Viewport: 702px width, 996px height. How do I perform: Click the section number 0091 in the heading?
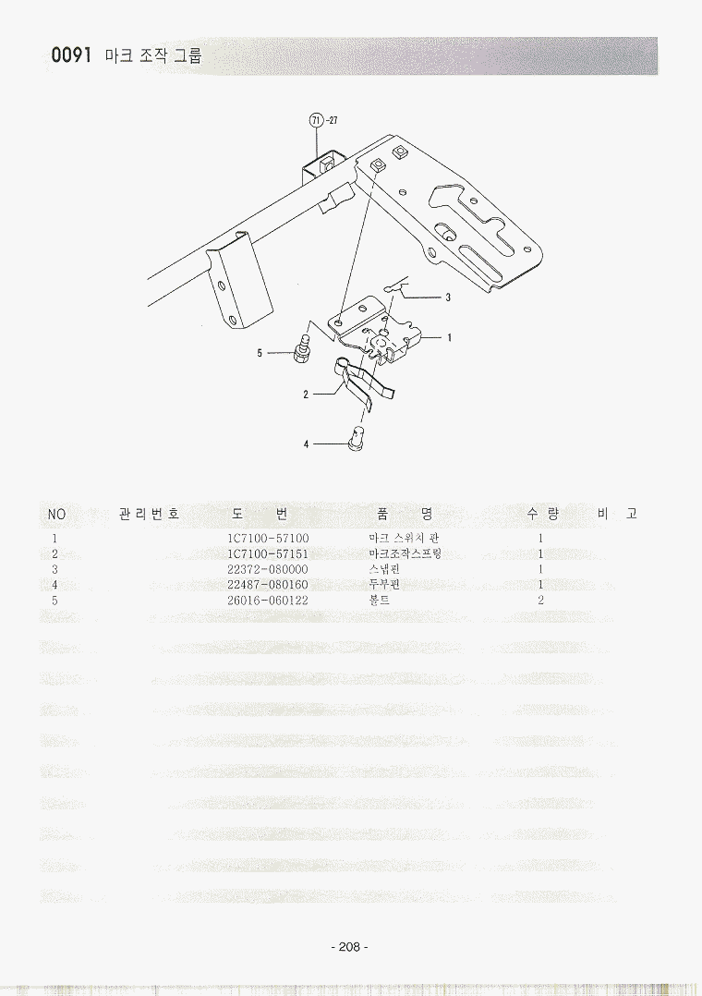(72, 55)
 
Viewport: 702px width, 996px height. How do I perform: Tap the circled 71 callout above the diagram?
(316, 119)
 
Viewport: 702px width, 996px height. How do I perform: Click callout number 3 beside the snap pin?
(448, 298)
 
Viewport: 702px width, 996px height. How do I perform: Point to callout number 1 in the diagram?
(449, 338)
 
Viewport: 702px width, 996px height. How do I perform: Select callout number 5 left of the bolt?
(260, 353)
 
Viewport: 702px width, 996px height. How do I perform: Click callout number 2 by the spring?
(306, 395)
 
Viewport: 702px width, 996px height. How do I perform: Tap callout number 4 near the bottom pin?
(306, 444)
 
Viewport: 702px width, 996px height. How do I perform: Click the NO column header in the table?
(56, 514)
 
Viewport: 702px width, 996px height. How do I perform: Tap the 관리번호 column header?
(150, 514)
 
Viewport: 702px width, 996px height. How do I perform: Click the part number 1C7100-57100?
(268, 539)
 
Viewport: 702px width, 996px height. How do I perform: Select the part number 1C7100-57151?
(268, 554)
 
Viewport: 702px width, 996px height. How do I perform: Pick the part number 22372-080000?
(268, 569)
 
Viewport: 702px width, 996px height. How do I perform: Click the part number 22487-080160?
(268, 584)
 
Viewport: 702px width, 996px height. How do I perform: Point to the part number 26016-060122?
(268, 601)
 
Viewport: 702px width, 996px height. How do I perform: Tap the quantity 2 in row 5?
(540, 601)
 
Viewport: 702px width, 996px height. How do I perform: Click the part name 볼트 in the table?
(380, 601)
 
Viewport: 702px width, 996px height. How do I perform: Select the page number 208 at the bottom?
(349, 946)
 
